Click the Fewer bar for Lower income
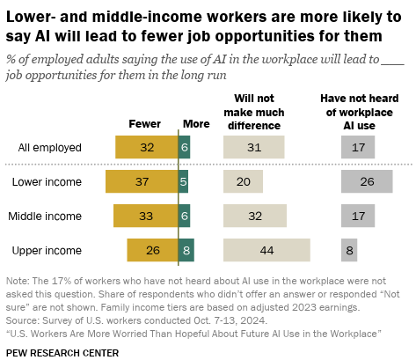pyautogui.click(x=142, y=181)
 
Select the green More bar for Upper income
pyautogui.click(x=186, y=250)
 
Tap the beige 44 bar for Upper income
pyautogui.click(x=266, y=250)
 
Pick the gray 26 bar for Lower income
pyautogui.click(x=367, y=181)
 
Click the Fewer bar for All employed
pyautogui.click(x=147, y=147)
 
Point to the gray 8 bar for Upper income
pyautogui.click(x=349, y=250)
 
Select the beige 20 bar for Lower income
pyautogui.click(x=243, y=181)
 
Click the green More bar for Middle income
pyautogui.click(x=184, y=216)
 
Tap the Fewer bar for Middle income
pyautogui.click(x=146, y=216)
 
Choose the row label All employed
pyautogui.click(x=49, y=147)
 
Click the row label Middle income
pyautogui.click(x=45, y=217)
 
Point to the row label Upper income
pyautogui.click(x=47, y=251)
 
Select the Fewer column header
pyautogui.click(x=145, y=124)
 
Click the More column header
pyautogui.click(x=196, y=124)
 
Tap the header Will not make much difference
pyautogui.click(x=254, y=112)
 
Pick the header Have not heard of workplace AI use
pyautogui.click(x=360, y=112)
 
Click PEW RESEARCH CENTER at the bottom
pyautogui.click(x=62, y=353)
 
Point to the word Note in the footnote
pyautogui.click(x=18, y=281)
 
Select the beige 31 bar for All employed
pyautogui.click(x=254, y=147)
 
